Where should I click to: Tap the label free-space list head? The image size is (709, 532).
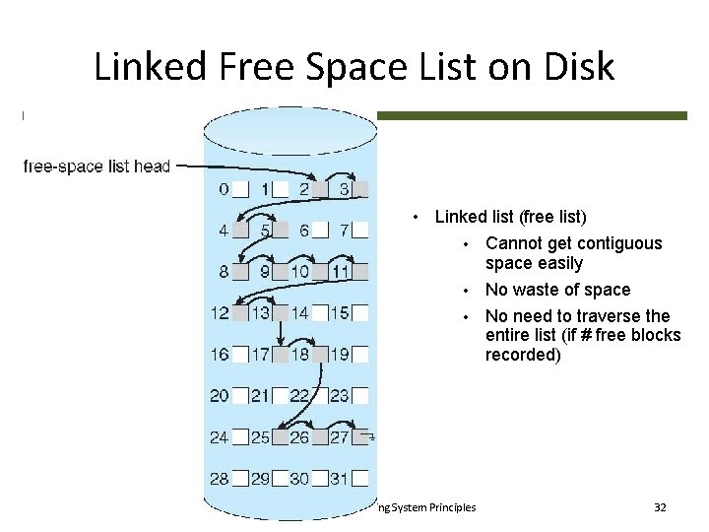pos(97,166)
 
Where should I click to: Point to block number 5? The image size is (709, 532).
pos(273,231)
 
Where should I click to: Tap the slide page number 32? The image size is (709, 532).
pos(660,507)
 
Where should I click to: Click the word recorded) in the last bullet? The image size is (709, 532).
pos(523,355)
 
